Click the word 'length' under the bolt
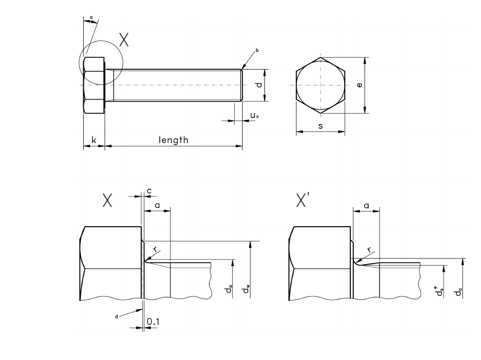[x=173, y=140]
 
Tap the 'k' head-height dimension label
[x=94, y=140]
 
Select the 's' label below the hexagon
[x=320, y=126]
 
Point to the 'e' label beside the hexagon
[x=359, y=85]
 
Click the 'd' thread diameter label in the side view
[x=259, y=85]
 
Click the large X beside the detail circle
[x=124, y=40]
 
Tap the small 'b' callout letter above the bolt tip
[x=257, y=50]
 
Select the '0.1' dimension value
[x=153, y=322]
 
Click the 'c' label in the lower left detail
[x=149, y=191]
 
